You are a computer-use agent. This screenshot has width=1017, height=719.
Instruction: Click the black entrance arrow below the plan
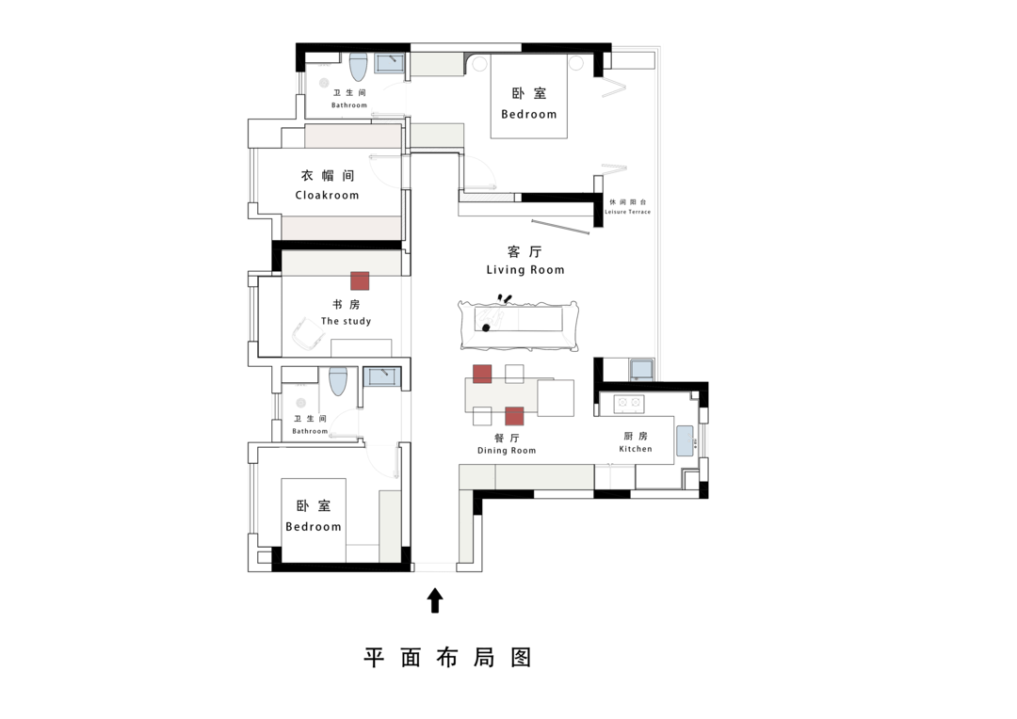(x=435, y=600)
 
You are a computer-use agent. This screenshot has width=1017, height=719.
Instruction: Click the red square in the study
(x=360, y=280)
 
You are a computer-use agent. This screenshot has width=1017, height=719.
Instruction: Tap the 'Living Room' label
(x=525, y=270)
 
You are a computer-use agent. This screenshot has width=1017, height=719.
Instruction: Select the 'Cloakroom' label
(x=327, y=195)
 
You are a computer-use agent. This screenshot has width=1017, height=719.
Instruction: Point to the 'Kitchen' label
(x=636, y=449)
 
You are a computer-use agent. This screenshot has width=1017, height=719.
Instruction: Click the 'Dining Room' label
(x=507, y=451)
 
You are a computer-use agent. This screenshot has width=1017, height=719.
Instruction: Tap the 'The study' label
(x=347, y=321)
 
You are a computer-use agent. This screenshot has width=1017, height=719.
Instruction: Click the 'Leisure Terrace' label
(x=628, y=212)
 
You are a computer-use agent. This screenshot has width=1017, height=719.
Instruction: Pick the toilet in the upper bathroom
(x=359, y=66)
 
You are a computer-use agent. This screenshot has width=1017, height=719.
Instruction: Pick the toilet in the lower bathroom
(x=338, y=381)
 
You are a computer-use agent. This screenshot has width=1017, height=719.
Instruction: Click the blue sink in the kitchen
(x=685, y=440)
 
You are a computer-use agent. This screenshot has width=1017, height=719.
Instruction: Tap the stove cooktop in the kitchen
(x=628, y=404)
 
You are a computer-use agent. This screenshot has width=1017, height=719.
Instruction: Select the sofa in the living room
(x=518, y=325)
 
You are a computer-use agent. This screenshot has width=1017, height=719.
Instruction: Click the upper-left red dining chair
(x=482, y=375)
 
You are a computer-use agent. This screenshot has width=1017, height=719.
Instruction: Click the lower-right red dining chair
(x=514, y=416)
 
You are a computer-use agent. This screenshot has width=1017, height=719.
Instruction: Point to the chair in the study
(x=308, y=333)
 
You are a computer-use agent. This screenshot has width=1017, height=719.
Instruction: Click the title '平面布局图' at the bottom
(x=447, y=658)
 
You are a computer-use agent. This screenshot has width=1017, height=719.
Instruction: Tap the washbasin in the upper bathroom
(x=390, y=64)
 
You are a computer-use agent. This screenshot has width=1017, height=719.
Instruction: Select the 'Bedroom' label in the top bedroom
(x=528, y=114)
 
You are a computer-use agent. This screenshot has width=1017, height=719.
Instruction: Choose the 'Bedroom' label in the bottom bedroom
(x=314, y=527)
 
